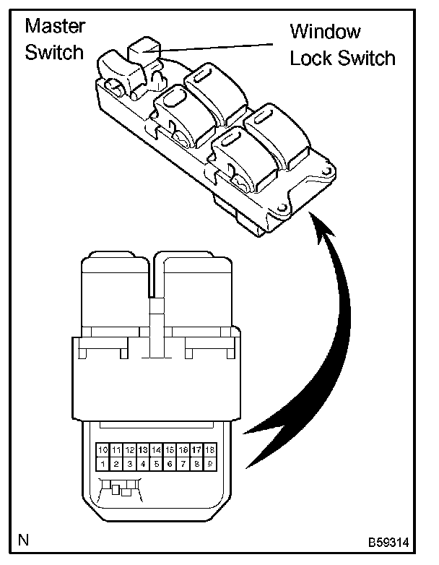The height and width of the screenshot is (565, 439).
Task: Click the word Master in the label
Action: click(x=55, y=27)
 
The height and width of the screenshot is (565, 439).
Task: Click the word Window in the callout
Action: click(x=325, y=32)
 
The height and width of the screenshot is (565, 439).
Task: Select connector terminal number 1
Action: click(x=103, y=463)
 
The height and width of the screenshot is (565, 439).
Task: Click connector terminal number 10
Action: click(x=103, y=450)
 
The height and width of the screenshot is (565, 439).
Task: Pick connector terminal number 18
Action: click(x=209, y=450)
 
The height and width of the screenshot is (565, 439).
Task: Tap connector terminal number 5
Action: click(x=157, y=463)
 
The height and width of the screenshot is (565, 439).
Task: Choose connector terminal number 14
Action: click(x=157, y=450)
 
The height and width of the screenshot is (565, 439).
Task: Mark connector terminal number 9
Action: click(x=209, y=463)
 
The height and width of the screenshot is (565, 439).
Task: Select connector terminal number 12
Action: click(x=130, y=450)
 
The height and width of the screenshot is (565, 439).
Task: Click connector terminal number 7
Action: click(x=183, y=463)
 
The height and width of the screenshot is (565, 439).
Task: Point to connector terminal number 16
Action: click(x=183, y=450)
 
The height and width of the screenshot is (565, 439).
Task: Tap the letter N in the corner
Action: click(x=25, y=540)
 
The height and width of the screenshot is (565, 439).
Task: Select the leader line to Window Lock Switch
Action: click(x=217, y=48)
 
